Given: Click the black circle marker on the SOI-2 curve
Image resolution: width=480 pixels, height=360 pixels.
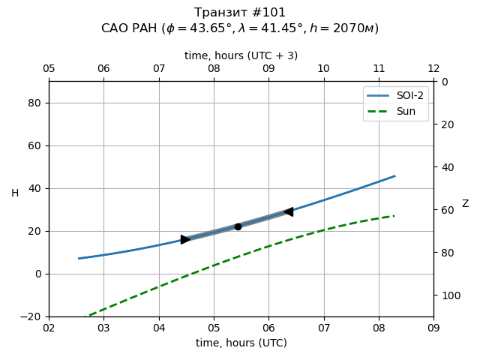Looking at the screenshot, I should click(238, 226).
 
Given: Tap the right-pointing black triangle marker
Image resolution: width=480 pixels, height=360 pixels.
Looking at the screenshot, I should click(185, 239).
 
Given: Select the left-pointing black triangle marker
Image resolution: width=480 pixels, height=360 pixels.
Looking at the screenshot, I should click(288, 212).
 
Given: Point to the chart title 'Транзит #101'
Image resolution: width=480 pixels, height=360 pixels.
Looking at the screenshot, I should click(240, 13).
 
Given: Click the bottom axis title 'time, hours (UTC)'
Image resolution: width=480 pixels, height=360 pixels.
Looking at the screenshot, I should click(241, 343).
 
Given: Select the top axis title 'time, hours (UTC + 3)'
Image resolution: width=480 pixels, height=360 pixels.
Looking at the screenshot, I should click(241, 55).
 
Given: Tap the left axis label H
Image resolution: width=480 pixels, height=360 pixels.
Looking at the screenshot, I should click(15, 193).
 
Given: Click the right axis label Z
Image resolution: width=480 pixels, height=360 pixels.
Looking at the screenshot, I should click(465, 204).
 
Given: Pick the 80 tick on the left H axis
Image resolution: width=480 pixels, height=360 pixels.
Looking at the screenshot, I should click(34, 103).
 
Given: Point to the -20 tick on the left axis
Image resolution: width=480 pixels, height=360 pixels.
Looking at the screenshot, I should click(31, 316).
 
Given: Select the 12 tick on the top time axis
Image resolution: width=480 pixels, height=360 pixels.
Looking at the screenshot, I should click(433, 69).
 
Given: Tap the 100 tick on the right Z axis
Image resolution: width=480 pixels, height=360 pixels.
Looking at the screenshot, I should click(448, 295).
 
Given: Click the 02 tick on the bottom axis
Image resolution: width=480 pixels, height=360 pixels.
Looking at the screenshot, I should click(49, 328).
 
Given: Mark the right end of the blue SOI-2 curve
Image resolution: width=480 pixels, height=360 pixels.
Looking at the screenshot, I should click(394, 176).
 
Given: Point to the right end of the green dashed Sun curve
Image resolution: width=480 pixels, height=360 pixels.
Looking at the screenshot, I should click(394, 216).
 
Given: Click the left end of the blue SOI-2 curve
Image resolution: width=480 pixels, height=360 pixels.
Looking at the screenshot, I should click(79, 259).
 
